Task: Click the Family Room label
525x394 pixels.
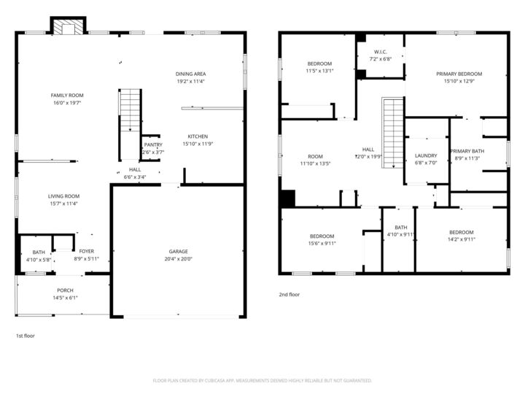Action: click(66, 96)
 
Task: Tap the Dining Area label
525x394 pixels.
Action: click(190, 74)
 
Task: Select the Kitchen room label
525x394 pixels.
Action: click(198, 136)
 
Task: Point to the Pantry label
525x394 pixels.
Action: click(153, 145)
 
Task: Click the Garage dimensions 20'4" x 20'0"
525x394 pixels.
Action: click(179, 258)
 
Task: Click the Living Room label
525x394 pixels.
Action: click(64, 196)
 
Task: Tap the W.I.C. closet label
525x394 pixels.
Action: click(380, 52)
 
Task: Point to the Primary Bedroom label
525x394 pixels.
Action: click(459, 74)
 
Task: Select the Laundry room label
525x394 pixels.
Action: click(426, 155)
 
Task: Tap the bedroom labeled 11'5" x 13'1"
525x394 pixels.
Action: click(319, 63)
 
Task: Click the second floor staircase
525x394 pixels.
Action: click(393, 132)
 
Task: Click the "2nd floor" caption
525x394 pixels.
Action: click(289, 295)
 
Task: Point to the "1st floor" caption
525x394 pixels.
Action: click(26, 336)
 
